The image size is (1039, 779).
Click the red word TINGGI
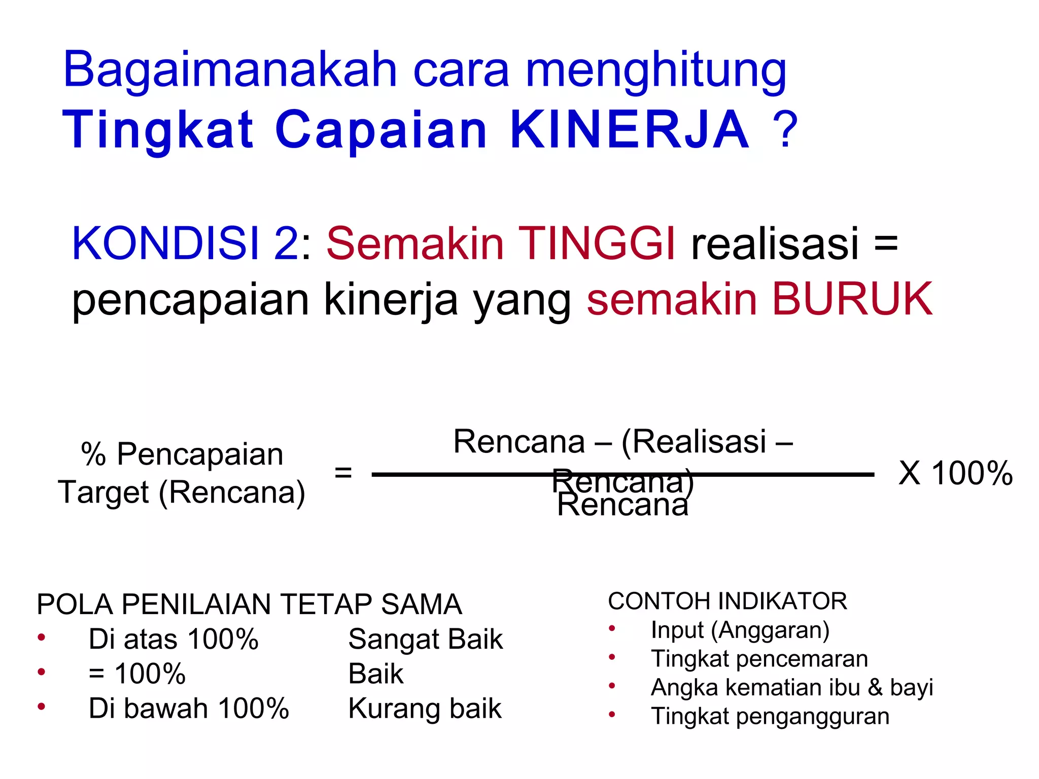[x=597, y=243]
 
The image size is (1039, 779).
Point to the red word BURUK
[x=852, y=299]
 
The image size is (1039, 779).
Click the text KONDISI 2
[x=185, y=243]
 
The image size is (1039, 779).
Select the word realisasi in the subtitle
[x=775, y=243]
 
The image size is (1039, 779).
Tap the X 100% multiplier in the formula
[x=955, y=473]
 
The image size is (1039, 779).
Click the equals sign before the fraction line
[x=343, y=473]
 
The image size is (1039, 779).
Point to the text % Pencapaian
[x=182, y=454]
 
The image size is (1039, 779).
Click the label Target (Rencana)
[x=182, y=492]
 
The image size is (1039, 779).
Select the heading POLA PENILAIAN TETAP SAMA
[x=249, y=604]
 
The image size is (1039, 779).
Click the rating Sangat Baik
[x=425, y=639]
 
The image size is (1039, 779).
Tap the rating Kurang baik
[x=425, y=709]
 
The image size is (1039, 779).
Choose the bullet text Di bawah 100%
[x=189, y=709]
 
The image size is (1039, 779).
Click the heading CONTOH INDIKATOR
[x=728, y=601]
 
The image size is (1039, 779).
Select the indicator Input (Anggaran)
[x=740, y=630]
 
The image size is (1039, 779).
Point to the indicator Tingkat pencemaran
[x=759, y=659]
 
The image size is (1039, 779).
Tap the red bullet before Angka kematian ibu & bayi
[x=612, y=687]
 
